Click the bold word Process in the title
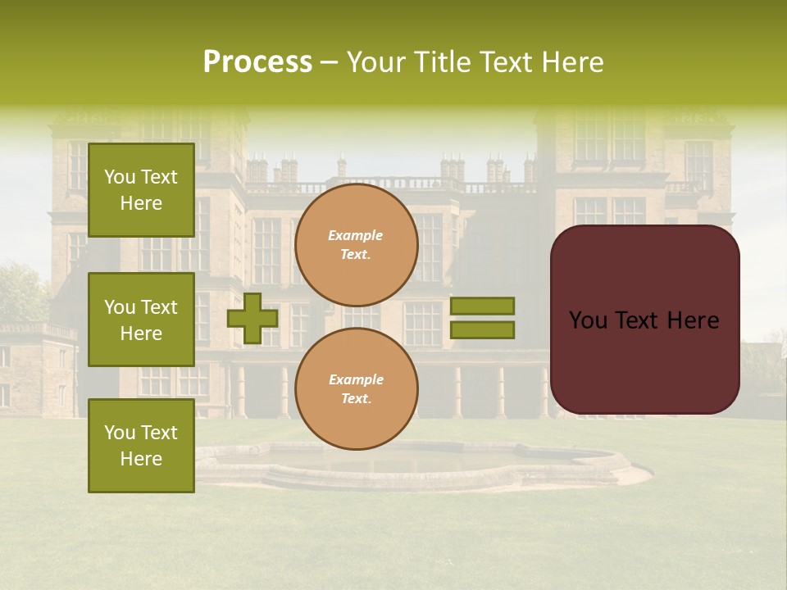point(257,62)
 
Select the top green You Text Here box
point(141,190)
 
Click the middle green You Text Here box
point(141,320)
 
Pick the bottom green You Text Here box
point(141,446)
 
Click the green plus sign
point(252,318)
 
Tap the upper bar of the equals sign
point(482,306)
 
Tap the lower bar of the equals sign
point(482,330)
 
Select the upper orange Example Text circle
point(357,245)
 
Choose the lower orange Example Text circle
point(357,389)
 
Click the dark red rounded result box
point(644,320)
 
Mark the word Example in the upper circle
point(356,235)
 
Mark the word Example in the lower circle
point(356,379)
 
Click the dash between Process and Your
point(330,63)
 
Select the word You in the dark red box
point(588,320)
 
